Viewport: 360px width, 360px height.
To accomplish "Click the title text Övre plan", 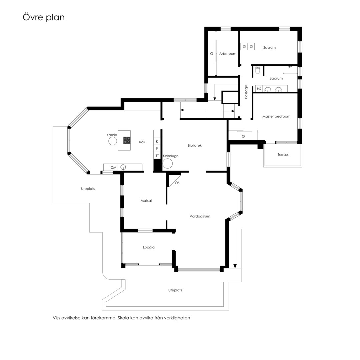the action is click(x=44, y=17).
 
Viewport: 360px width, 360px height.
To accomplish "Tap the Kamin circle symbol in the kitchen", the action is click(x=113, y=141).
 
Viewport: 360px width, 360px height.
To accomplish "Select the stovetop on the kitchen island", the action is click(x=127, y=140).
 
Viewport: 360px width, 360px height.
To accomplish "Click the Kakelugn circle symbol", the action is click(x=168, y=163).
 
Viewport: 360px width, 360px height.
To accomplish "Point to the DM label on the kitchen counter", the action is click(x=113, y=168).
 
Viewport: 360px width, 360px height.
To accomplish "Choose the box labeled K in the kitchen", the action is click(x=157, y=141).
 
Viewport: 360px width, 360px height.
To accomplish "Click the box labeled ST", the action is click(x=157, y=155).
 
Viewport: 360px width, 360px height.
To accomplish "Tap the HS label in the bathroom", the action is click(x=259, y=89).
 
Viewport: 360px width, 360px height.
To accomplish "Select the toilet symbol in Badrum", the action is click(x=258, y=70).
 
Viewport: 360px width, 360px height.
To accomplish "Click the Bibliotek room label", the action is click(x=194, y=145).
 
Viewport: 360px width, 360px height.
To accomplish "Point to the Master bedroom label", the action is click(x=276, y=116).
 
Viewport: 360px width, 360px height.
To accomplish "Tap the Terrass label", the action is click(x=283, y=155).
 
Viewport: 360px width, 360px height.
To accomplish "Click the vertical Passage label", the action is click(x=246, y=92).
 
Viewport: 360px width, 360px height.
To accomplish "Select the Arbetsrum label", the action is click(x=228, y=54).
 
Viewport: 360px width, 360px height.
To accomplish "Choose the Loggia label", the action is click(x=149, y=247).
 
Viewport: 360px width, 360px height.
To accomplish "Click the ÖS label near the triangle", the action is click(x=177, y=183).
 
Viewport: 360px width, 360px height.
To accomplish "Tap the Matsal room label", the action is click(x=146, y=201).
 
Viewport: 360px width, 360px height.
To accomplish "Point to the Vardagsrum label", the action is click(x=200, y=216).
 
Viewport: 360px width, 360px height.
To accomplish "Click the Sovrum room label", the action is click(x=269, y=48).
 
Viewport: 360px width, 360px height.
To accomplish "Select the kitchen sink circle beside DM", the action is click(x=123, y=167).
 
